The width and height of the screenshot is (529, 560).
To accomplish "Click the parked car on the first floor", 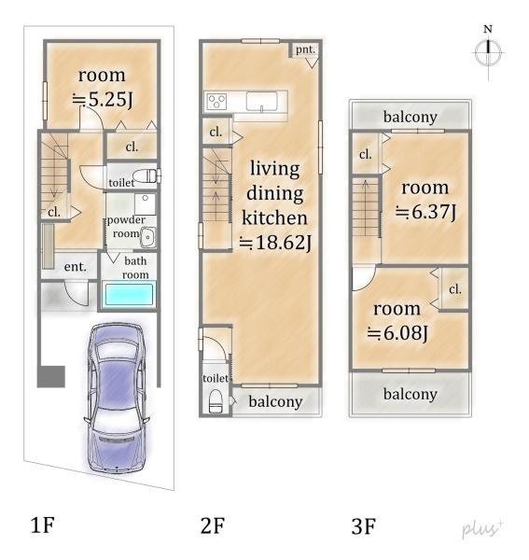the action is click(x=116, y=399).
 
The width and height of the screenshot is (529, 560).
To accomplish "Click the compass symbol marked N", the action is click(x=488, y=52).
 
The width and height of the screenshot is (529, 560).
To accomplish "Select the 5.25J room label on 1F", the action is click(x=103, y=99).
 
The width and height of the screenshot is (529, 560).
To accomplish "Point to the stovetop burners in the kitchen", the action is click(x=216, y=101).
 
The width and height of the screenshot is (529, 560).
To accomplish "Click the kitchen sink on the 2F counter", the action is click(x=261, y=102).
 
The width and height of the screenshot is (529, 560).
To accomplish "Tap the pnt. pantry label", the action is click(x=305, y=49).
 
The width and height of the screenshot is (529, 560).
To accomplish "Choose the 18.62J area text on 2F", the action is click(x=275, y=242).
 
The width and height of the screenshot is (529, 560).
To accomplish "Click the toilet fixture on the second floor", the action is click(x=216, y=401).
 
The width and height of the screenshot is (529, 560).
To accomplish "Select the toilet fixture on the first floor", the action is click(x=146, y=176).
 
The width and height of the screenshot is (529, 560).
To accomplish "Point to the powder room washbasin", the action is click(x=147, y=237).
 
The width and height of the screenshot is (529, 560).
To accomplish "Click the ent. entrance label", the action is click(x=75, y=267).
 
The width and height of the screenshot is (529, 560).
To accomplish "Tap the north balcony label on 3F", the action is click(x=411, y=117).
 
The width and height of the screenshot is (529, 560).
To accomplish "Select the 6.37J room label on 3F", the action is click(x=425, y=212).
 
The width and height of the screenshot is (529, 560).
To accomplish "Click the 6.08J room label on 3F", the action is click(x=397, y=333).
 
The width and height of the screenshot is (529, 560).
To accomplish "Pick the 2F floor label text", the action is click(x=213, y=525).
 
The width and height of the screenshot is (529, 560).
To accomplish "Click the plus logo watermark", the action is click(x=482, y=528).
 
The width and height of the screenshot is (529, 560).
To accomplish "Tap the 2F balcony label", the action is click(x=275, y=401).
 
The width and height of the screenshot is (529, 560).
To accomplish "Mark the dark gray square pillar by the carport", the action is click(x=51, y=376).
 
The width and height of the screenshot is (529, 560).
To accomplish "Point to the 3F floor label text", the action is click(x=364, y=526).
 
